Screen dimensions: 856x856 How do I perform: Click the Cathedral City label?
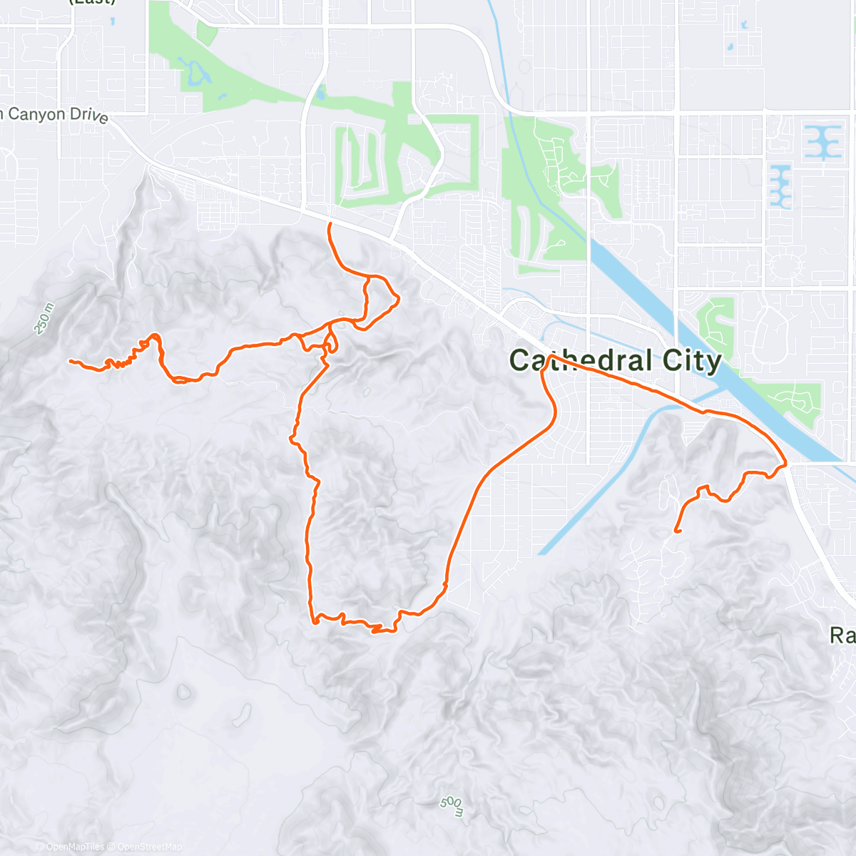point(616,361)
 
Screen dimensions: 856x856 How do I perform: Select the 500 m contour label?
point(452,805)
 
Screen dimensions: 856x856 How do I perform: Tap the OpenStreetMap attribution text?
point(150,847)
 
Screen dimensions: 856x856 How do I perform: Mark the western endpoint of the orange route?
point(70,361)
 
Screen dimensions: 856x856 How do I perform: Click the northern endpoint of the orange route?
point(330,224)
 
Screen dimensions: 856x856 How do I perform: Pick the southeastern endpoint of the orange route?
point(676,531)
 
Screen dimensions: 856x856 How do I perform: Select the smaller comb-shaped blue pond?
point(780,186)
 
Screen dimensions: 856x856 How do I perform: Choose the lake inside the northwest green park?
point(195,71)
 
